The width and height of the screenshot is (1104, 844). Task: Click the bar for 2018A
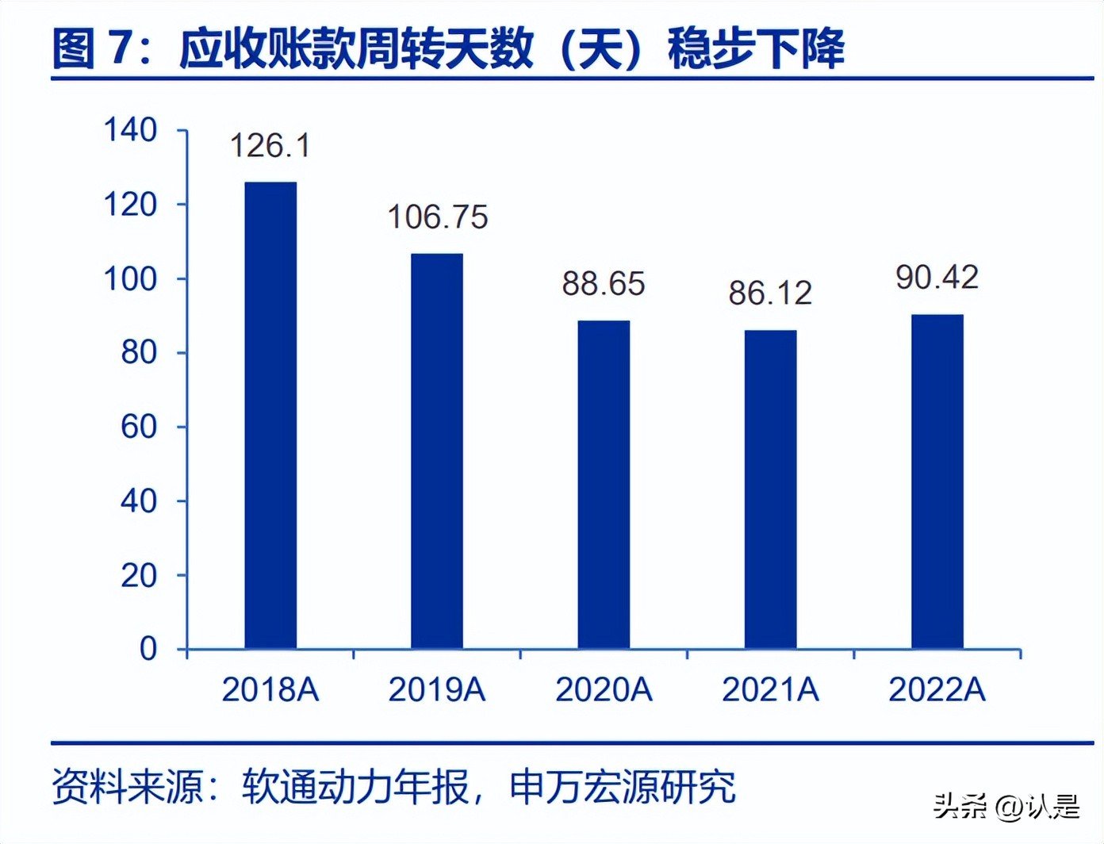pyautogui.click(x=270, y=415)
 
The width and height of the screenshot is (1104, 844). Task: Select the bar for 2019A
pyautogui.click(x=437, y=451)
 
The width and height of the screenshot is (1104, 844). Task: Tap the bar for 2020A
pyautogui.click(x=604, y=484)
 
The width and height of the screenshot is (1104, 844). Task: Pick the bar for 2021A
pyautogui.click(x=770, y=489)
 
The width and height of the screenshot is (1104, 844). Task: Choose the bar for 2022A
pyautogui.click(x=937, y=481)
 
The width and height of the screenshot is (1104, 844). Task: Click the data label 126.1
pyautogui.click(x=270, y=146)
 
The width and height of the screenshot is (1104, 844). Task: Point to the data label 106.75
pyautogui.click(x=437, y=217)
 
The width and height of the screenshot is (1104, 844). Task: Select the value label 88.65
pyautogui.click(x=604, y=284)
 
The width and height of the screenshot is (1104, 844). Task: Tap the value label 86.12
pyautogui.click(x=770, y=293)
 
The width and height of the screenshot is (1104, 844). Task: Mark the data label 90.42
pyautogui.click(x=937, y=278)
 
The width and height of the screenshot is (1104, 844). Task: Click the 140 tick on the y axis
pyautogui.click(x=131, y=130)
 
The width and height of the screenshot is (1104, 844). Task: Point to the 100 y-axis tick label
pyautogui.click(x=131, y=279)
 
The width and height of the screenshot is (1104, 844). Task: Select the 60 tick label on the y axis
pyautogui.click(x=139, y=427)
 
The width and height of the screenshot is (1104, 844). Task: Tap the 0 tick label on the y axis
pyautogui.click(x=148, y=649)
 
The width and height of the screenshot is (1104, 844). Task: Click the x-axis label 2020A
pyautogui.click(x=604, y=690)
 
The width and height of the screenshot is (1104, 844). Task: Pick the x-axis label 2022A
pyautogui.click(x=937, y=690)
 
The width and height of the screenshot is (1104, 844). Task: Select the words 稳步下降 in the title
pyautogui.click(x=756, y=48)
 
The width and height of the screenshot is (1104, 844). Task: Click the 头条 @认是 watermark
pyautogui.click(x=1006, y=808)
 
